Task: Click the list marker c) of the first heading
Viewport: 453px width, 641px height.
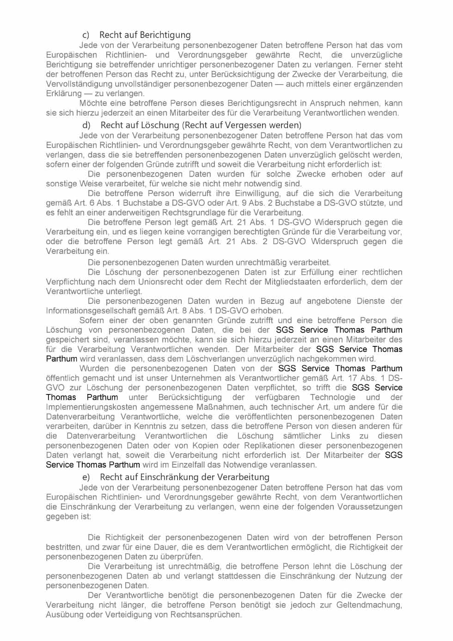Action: [86, 35]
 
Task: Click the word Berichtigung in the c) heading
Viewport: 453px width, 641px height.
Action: [165, 35]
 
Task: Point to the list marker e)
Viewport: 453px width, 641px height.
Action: [86, 477]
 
